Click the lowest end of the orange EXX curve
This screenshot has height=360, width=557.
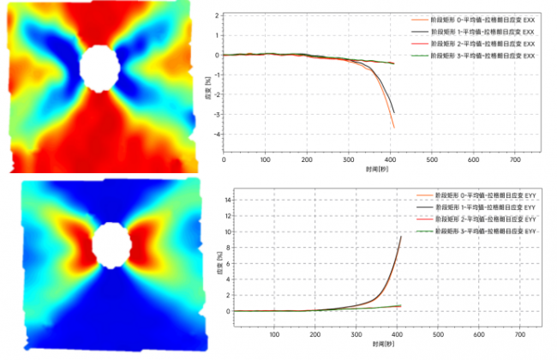[394, 128]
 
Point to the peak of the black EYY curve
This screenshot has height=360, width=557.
[401, 237]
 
